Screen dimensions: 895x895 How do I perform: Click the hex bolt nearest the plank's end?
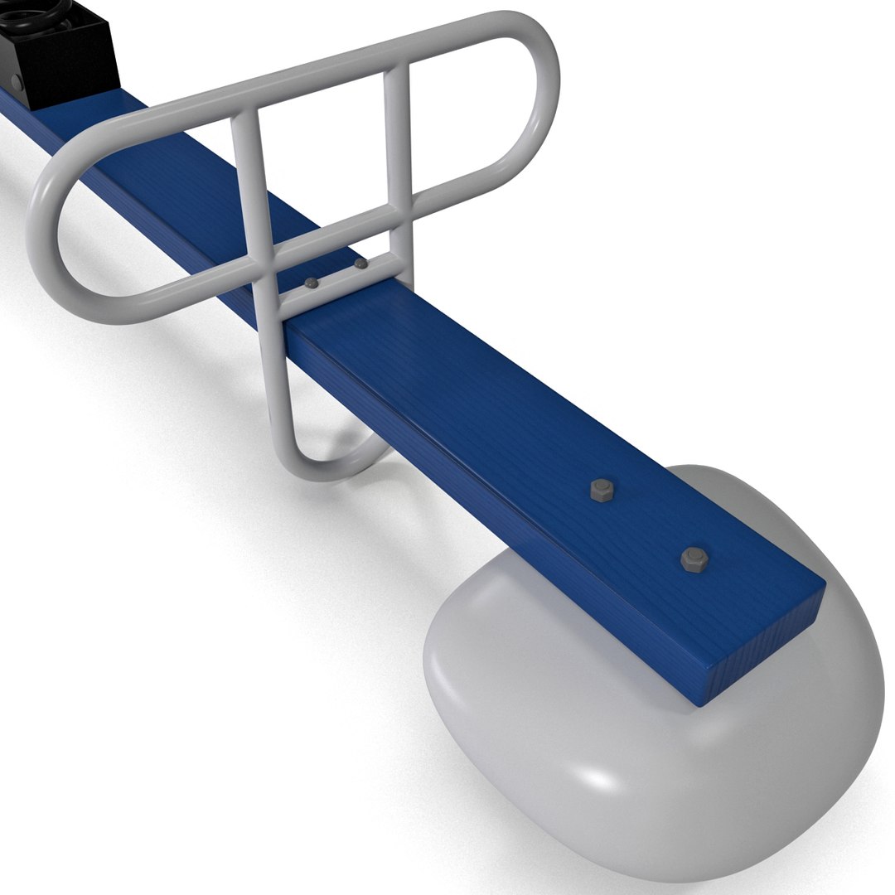(694, 559)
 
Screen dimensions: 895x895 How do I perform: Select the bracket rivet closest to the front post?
(311, 283)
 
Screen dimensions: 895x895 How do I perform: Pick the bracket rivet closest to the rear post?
(360, 264)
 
